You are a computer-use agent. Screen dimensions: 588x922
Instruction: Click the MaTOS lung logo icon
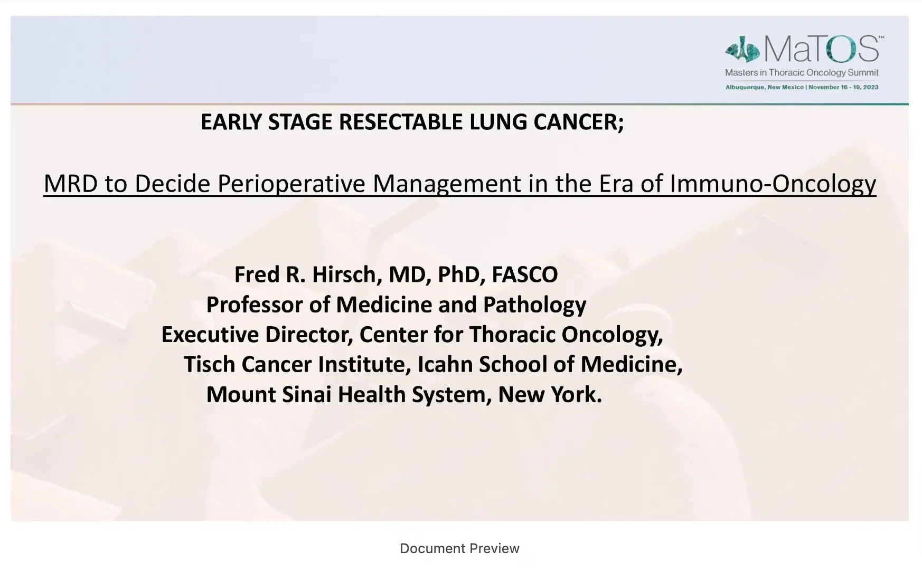pyautogui.click(x=742, y=50)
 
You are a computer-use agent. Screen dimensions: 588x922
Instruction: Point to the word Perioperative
pyautogui.click(x=292, y=184)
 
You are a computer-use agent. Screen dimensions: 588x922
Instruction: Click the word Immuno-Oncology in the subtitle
pyautogui.click(x=773, y=184)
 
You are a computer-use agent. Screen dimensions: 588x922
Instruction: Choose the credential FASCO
pyautogui.click(x=524, y=274)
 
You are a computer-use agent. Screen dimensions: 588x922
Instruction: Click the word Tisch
pyautogui.click(x=209, y=364)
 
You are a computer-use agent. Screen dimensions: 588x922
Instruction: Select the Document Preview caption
pyautogui.click(x=459, y=548)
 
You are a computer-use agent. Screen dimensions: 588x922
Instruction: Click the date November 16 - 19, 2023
pyautogui.click(x=843, y=87)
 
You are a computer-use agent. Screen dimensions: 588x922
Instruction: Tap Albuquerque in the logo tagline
pyautogui.click(x=745, y=87)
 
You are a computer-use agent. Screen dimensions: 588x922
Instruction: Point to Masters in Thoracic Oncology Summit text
pyautogui.click(x=802, y=73)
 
